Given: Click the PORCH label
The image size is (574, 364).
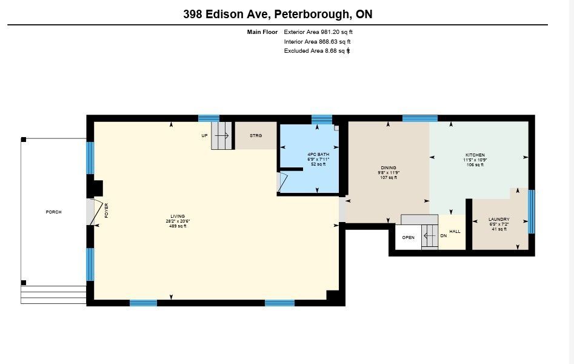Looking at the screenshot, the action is [53, 212].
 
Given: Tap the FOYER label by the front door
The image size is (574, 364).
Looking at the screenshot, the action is [107, 211].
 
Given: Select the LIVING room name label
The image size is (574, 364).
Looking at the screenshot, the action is [178, 216].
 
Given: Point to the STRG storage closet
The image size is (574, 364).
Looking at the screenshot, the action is [256, 136].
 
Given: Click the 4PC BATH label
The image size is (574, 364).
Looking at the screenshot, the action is [318, 154].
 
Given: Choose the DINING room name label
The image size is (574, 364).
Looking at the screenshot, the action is [389, 167].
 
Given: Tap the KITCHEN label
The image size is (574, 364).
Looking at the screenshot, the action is [475, 155].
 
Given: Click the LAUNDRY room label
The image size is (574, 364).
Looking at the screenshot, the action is [499, 219].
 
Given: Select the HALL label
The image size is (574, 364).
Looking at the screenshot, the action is [455, 231].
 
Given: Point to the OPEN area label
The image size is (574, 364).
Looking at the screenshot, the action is [408, 238].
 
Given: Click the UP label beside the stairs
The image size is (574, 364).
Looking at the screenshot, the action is [204, 136].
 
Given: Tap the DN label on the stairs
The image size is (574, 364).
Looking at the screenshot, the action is [443, 236].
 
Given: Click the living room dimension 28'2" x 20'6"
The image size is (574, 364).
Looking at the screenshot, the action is [178, 221].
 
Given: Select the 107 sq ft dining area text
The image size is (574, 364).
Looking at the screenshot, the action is [389, 177].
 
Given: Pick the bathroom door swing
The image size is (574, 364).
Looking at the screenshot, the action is [283, 182].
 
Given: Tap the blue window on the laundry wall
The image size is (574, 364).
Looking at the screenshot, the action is [532, 212].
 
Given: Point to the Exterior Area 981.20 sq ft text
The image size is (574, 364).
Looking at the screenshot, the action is [318, 32].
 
